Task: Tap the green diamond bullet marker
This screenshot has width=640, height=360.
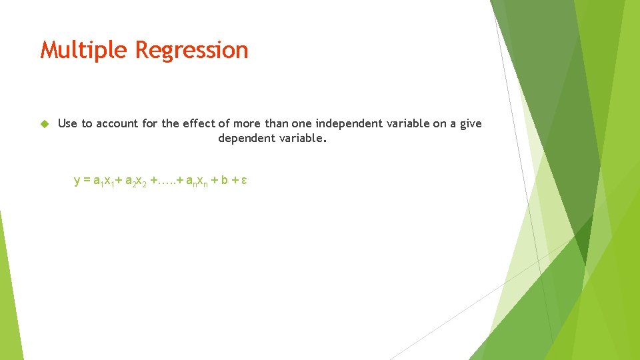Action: [45, 123]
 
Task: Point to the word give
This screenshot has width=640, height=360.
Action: [469, 123]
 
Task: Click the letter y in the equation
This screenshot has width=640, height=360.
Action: [77, 181]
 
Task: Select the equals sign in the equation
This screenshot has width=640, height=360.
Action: [87, 181]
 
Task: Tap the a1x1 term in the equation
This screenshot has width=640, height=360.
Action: [103, 181]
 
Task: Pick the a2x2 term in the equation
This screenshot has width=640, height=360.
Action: [135, 181]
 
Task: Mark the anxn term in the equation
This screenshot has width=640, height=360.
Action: [197, 181]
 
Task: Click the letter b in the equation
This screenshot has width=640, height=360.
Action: [225, 181]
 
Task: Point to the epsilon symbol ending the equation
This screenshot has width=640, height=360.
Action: [245, 181]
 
